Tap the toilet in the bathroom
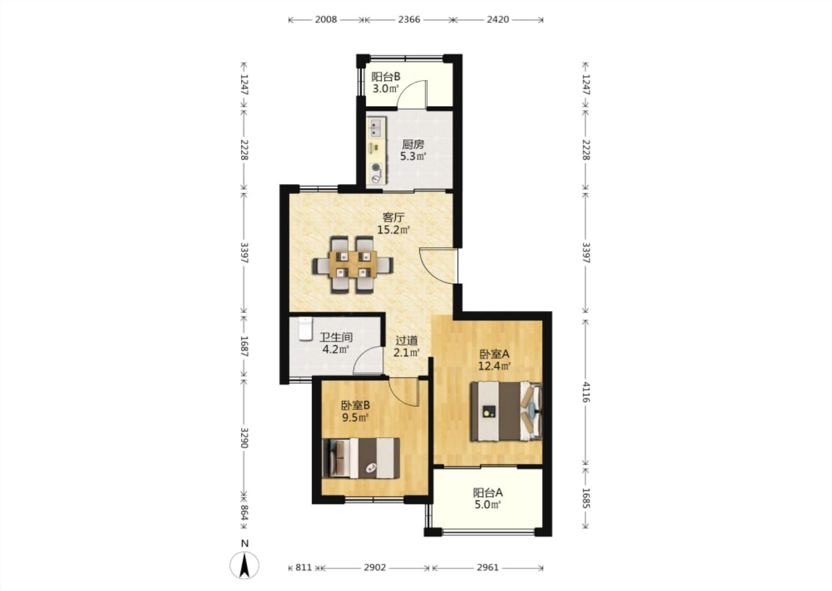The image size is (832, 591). tap(305, 329)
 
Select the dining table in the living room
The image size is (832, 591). tap(353, 264)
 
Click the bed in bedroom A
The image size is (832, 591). tap(506, 412)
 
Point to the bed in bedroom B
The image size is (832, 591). tap(361, 458)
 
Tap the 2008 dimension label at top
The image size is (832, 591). tap(326, 20)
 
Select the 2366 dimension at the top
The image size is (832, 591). tap(409, 20)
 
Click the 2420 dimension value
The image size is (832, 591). tap(497, 20)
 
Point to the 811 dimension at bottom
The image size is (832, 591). tap(303, 568)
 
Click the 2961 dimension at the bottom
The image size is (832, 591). tap(487, 568)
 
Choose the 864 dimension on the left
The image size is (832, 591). tap(244, 513)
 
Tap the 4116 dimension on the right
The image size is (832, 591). tap(585, 392)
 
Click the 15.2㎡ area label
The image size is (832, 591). tap(393, 230)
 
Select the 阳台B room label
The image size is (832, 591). tap(386, 77)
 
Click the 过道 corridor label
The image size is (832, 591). tap(406, 340)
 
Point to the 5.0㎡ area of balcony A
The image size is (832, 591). tap(487, 504)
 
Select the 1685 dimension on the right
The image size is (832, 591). tap(585, 498)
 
